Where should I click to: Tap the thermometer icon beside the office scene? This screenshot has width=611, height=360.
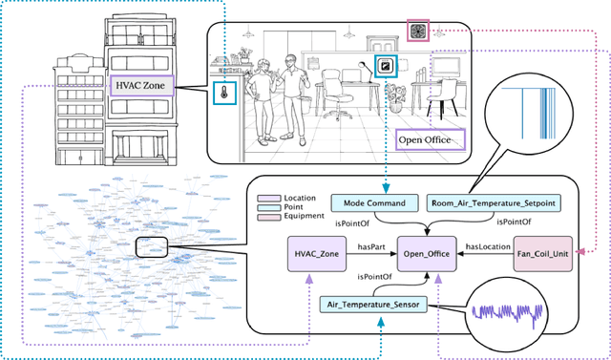223,95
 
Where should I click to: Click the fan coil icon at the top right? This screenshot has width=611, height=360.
418,30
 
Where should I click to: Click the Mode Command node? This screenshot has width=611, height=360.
375,202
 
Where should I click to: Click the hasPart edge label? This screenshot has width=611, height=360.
370,246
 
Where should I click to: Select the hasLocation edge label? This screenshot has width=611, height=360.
485,246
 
